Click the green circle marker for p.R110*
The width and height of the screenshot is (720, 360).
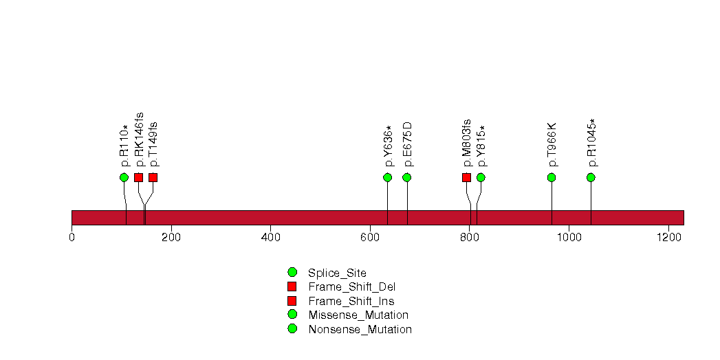point(124,177)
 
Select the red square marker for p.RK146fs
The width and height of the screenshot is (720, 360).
point(139,177)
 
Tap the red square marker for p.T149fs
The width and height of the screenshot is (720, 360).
point(153,177)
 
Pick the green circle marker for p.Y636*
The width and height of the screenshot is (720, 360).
point(388,177)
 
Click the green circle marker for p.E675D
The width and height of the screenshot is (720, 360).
point(407,177)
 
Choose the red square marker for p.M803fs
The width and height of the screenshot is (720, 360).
point(466,177)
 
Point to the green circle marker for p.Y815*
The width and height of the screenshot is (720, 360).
point(481,177)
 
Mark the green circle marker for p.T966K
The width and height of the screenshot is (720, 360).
point(552,177)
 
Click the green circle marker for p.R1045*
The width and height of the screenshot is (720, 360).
point(591,177)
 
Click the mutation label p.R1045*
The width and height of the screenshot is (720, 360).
point(592,143)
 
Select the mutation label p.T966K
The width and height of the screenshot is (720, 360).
point(552,144)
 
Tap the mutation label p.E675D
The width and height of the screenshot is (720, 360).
point(407,144)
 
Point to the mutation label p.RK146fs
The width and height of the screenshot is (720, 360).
point(139,140)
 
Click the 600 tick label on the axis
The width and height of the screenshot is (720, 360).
point(370,238)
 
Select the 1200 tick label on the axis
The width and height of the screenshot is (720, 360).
point(668,238)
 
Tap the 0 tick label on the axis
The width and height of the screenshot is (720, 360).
point(72,238)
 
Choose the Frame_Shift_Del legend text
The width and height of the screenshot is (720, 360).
point(351,287)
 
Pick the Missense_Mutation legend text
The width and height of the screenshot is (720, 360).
point(358,315)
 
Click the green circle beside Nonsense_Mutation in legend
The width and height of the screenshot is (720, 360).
point(292,329)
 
